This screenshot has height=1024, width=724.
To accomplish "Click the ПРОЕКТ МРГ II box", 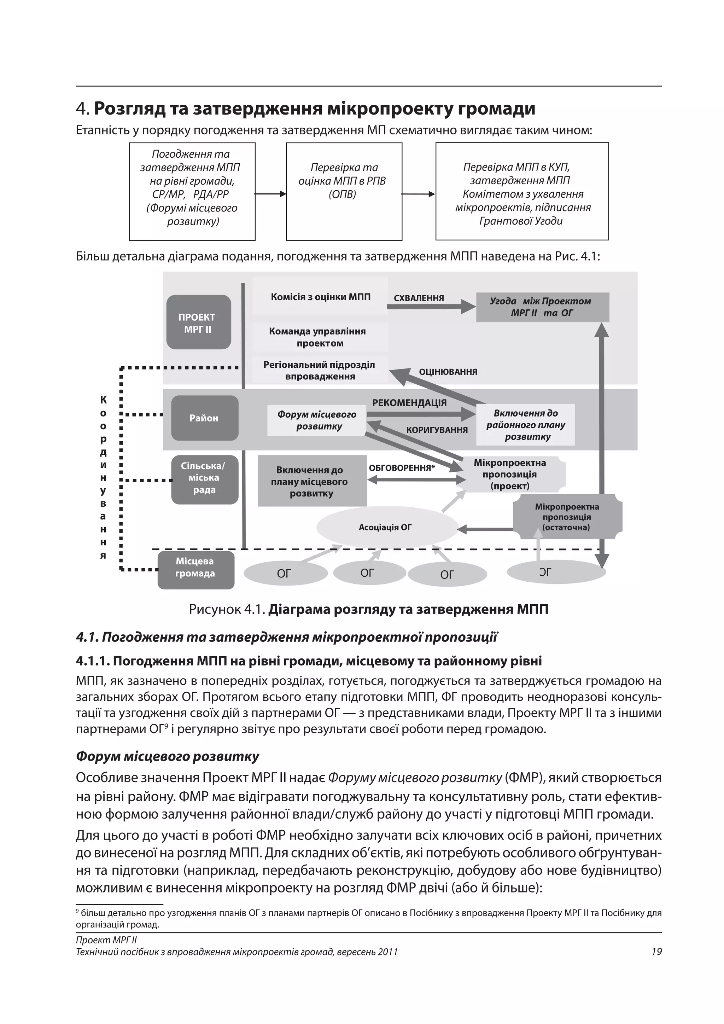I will click(198, 322).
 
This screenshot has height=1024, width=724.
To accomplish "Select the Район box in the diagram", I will click(205, 418).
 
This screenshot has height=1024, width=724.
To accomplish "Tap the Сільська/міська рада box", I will click(205, 478).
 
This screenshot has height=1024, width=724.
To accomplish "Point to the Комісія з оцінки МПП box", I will click(320, 297).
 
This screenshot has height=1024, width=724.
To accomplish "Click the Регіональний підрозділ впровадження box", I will click(319, 370).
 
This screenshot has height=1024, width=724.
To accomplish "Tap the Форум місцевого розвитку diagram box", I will click(316, 420).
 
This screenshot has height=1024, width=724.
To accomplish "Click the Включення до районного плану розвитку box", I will click(525, 425).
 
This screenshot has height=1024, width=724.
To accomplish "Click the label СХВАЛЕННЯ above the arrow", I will click(419, 298).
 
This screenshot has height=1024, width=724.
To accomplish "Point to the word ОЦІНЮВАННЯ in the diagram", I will click(448, 372).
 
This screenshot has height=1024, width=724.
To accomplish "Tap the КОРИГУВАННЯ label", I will click(437, 430).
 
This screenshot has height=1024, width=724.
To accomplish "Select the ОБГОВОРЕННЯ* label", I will click(402, 468).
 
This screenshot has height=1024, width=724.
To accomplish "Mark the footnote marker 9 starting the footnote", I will click(77, 911).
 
